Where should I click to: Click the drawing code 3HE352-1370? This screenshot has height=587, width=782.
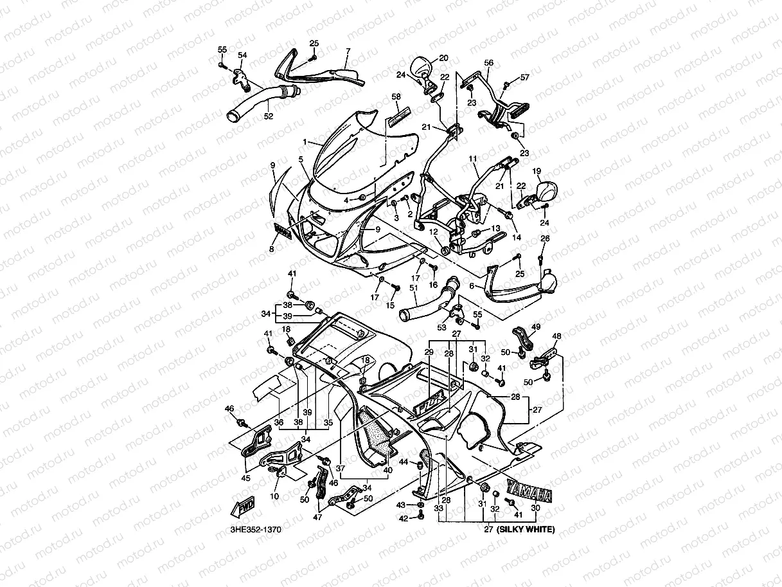tap(255, 531)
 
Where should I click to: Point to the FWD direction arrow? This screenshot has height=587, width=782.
tap(243, 507)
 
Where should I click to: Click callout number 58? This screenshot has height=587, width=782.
tap(396, 96)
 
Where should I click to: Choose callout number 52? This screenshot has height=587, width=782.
tap(268, 116)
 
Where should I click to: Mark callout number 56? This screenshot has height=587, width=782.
tap(489, 63)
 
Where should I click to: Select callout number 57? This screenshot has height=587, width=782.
tap(525, 77)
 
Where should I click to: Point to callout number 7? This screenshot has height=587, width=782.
tap(348, 50)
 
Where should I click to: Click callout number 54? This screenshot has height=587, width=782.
tap(242, 55)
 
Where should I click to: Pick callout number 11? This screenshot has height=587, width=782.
tap(473, 158)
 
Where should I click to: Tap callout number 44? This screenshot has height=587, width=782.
tap(404, 462)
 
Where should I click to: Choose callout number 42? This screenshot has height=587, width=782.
tap(403, 518)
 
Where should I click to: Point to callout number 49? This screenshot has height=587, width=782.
tap(536, 327)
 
